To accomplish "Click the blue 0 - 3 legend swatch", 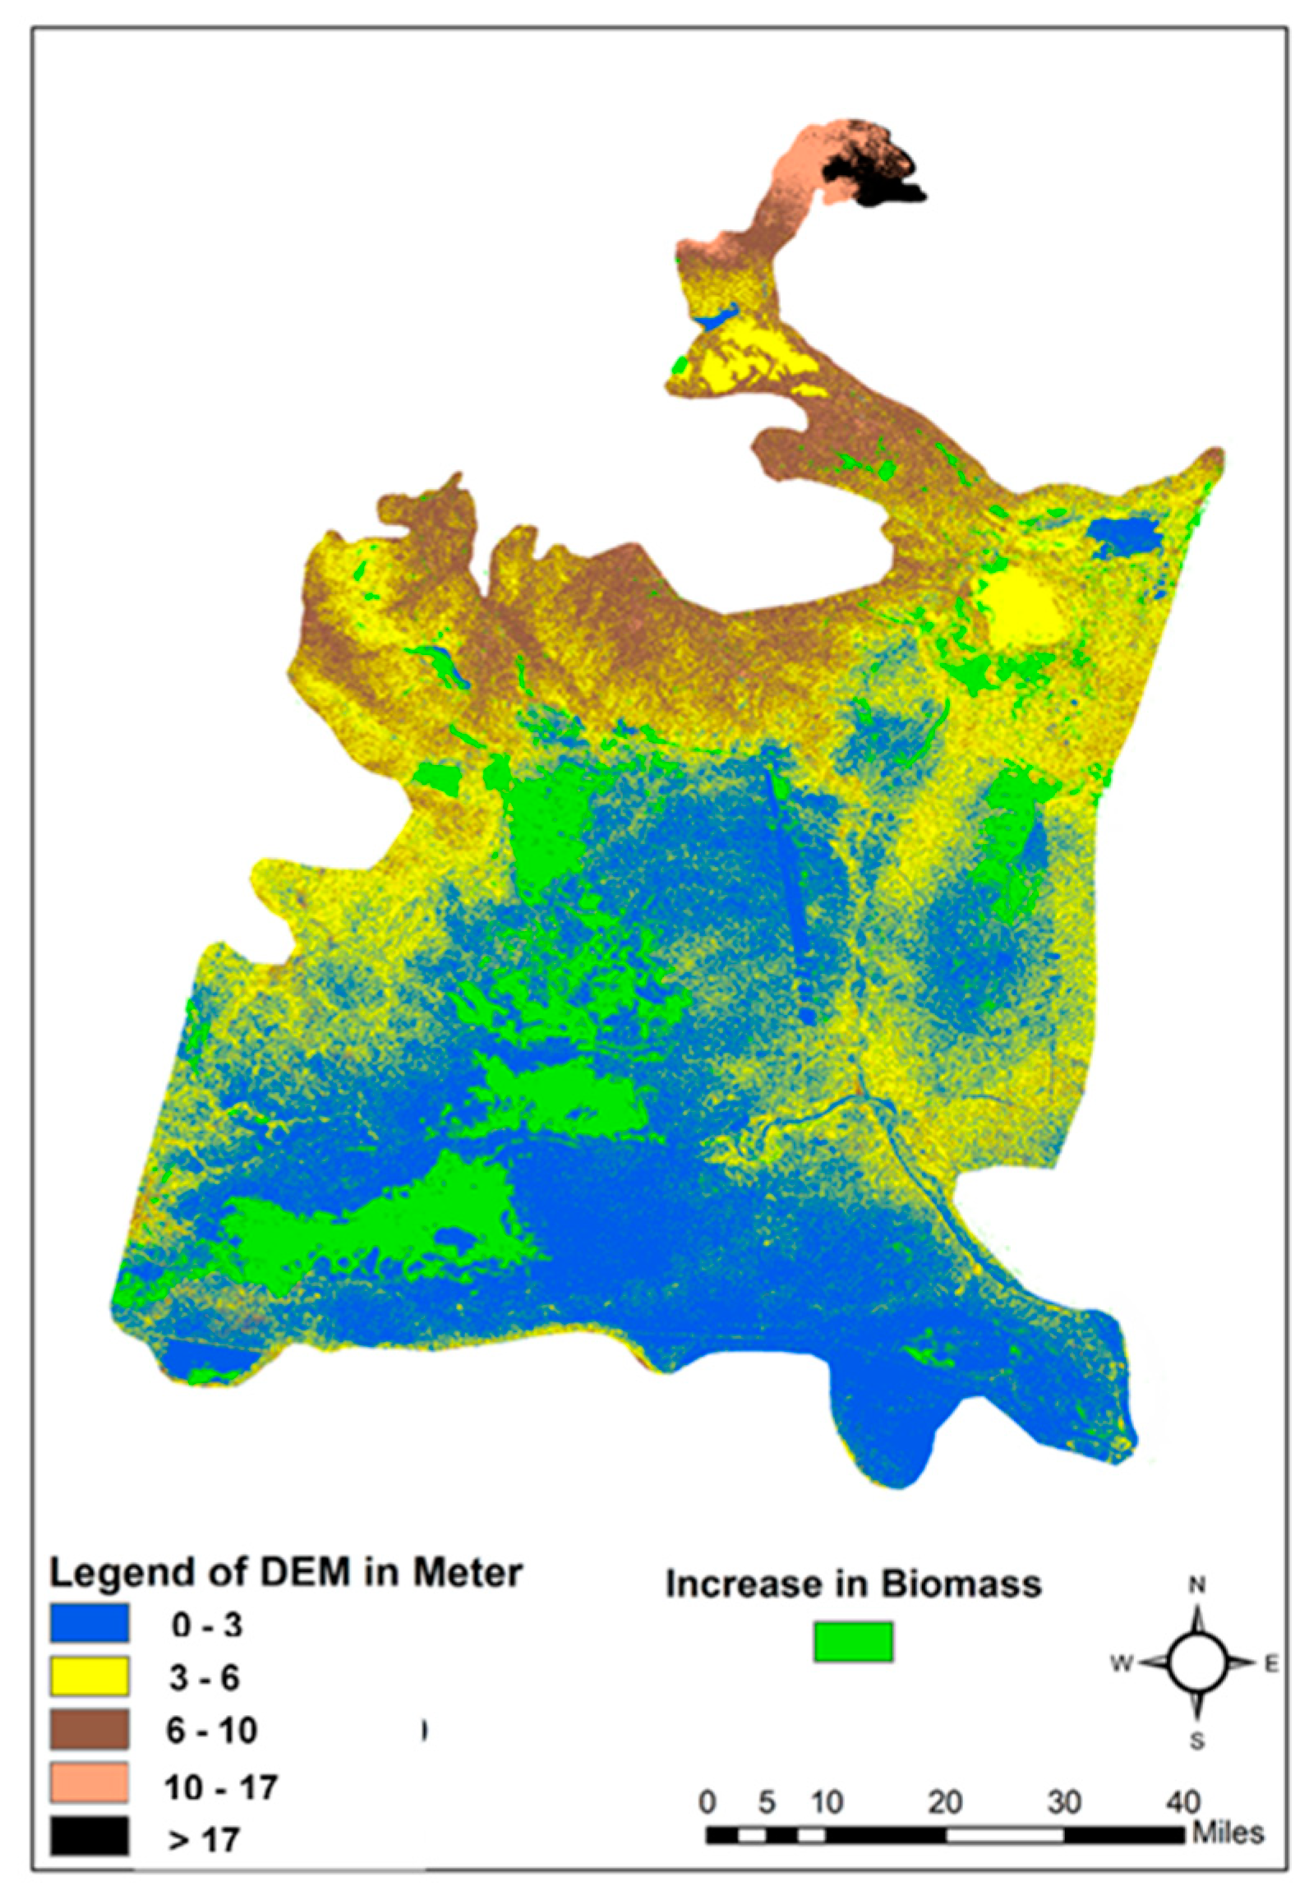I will point(89,1623).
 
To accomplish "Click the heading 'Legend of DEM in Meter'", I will point(286,1573).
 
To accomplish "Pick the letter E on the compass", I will point(1270,1664).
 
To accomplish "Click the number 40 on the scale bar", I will point(1184,1802).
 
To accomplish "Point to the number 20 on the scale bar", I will point(945,1802).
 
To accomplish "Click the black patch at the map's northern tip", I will point(877,176).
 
